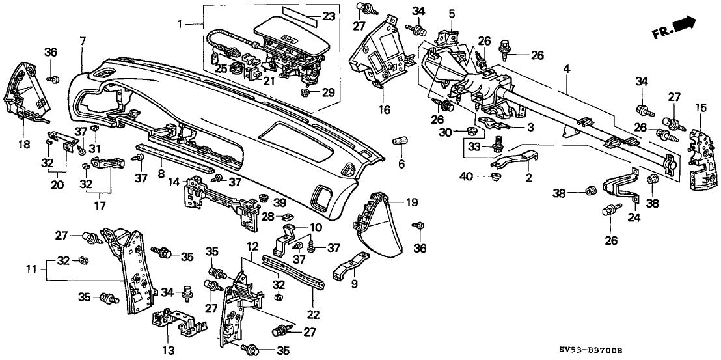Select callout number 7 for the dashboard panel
(83, 42)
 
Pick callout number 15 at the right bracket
(700, 106)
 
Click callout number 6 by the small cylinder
(401, 163)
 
